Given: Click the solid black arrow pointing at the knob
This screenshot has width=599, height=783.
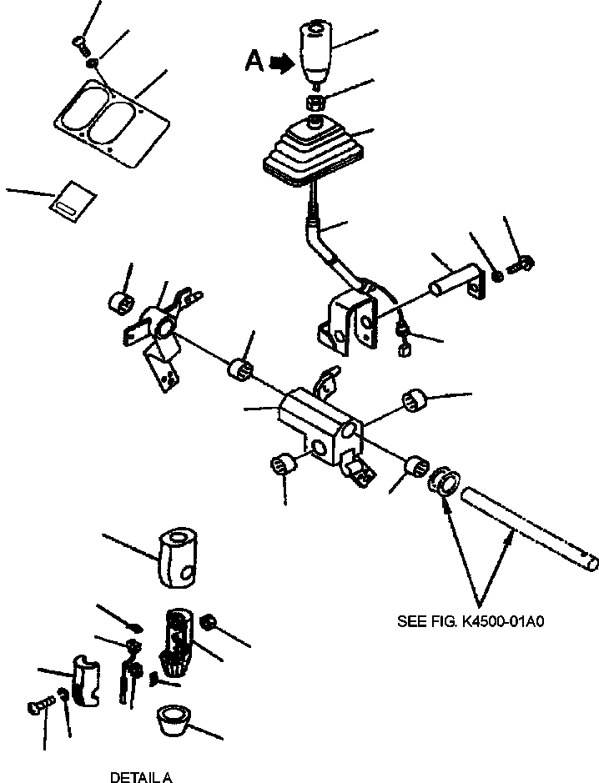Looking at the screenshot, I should tap(282, 62).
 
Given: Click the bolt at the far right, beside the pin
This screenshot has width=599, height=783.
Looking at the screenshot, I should tap(521, 264).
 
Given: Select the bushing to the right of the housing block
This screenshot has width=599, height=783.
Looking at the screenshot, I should tap(415, 401).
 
